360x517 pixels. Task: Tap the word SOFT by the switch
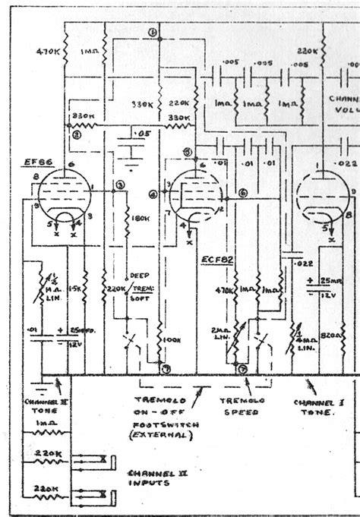(x=140, y=299)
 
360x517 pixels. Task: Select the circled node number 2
(x=77, y=134)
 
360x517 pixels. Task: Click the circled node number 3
(x=120, y=184)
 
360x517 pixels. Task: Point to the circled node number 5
(x=188, y=151)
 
